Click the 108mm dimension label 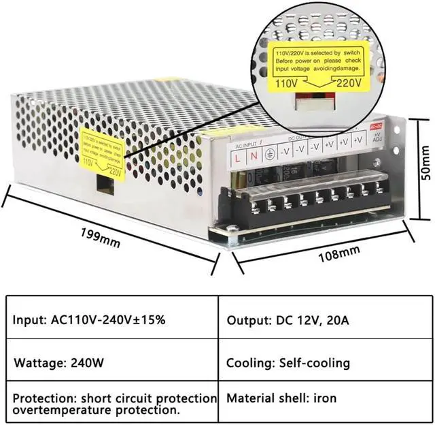pyautogui.click(x=338, y=254)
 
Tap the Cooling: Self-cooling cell pyautogui.click(x=288, y=363)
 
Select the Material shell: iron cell pyautogui.click(x=281, y=398)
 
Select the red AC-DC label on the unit pyautogui.click(x=377, y=126)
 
